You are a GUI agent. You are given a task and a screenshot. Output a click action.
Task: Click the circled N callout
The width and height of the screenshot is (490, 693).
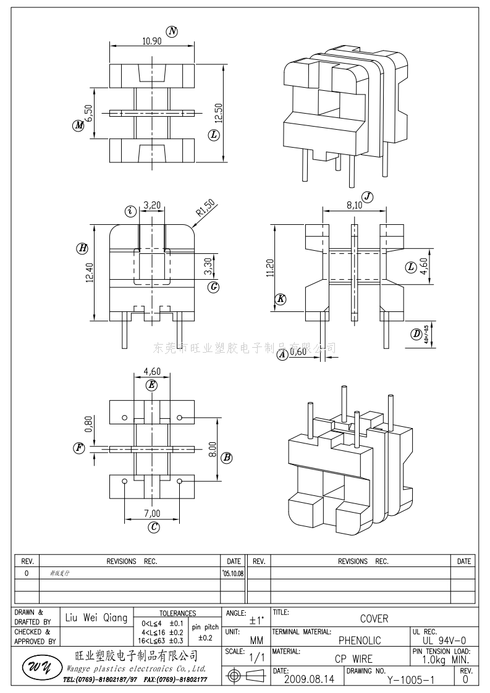[x=172, y=31]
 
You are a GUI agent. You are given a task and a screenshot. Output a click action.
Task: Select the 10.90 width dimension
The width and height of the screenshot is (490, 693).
[x=152, y=41]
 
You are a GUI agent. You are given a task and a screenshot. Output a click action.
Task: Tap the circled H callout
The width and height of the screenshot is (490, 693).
[x=82, y=248]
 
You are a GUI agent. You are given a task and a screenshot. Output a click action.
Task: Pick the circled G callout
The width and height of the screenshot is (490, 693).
[x=214, y=287]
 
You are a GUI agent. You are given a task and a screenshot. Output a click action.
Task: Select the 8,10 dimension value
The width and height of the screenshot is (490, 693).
[x=355, y=206]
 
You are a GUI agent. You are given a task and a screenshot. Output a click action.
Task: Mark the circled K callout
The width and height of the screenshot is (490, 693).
[x=281, y=300]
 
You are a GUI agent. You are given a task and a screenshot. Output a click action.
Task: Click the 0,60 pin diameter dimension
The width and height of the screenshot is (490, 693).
[x=298, y=352]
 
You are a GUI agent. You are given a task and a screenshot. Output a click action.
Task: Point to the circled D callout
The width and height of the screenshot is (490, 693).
[x=416, y=335]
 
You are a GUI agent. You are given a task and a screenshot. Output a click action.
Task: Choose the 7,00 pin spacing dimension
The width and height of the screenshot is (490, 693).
[x=152, y=513]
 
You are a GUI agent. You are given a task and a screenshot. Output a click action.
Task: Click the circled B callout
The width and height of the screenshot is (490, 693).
[x=227, y=458]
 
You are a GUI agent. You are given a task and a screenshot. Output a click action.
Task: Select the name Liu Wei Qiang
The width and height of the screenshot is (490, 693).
[x=96, y=618]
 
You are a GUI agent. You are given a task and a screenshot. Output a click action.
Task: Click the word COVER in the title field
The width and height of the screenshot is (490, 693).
[x=374, y=618]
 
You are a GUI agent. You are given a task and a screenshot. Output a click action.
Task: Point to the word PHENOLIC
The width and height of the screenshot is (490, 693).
[x=360, y=640]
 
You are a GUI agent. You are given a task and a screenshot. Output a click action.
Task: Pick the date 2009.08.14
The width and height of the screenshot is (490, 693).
[x=308, y=679]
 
